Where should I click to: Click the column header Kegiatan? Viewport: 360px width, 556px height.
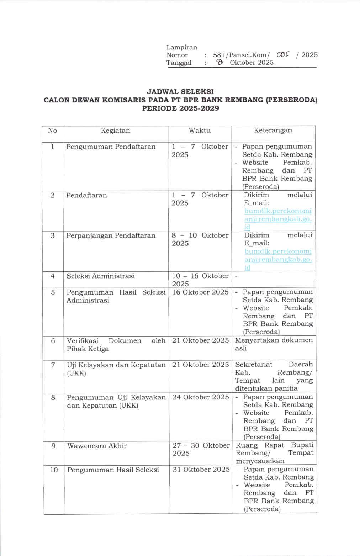(x=115, y=131)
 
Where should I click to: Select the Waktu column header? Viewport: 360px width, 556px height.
(x=199, y=131)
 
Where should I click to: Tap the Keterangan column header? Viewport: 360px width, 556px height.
(x=273, y=130)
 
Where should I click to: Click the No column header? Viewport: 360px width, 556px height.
(x=52, y=131)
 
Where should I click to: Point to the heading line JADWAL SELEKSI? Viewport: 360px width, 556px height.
(x=180, y=92)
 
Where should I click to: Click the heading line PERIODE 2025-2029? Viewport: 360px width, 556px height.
(x=180, y=108)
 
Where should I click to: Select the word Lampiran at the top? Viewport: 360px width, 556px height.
(x=181, y=47)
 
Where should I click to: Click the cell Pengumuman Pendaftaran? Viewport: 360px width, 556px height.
(x=111, y=147)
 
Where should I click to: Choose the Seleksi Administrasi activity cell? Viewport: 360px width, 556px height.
(x=101, y=276)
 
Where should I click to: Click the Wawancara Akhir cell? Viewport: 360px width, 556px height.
(x=97, y=446)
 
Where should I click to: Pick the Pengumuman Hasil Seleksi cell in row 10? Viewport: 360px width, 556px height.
(x=113, y=470)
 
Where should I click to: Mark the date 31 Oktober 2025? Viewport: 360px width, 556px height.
(x=201, y=470)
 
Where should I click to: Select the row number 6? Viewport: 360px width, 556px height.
(x=53, y=341)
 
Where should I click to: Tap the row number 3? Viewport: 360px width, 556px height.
(x=53, y=235)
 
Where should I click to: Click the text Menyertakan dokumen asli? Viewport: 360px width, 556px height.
(x=274, y=344)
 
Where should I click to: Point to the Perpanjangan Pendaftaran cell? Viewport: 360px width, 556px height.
(x=111, y=235)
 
